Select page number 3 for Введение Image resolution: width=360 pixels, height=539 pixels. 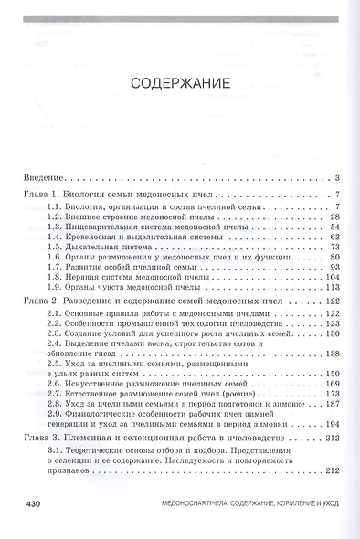pos(337,177)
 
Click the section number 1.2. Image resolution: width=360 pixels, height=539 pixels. pos(56,217)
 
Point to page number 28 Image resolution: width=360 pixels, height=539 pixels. pos(334,217)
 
